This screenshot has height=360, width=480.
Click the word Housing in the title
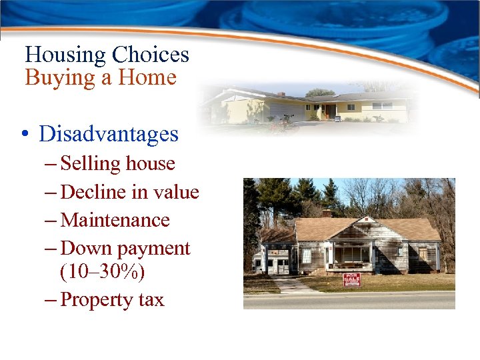[65, 55]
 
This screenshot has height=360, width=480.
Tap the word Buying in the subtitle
[60, 79]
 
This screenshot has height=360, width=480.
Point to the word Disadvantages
[109, 134]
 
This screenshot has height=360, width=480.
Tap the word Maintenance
[115, 220]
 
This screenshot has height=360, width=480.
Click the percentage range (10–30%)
[102, 272]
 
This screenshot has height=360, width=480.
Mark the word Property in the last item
[97, 300]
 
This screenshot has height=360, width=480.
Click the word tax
[151, 300]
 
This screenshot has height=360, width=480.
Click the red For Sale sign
[351, 279]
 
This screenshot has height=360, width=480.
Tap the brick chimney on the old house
[327, 213]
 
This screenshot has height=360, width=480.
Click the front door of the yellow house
[327, 111]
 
